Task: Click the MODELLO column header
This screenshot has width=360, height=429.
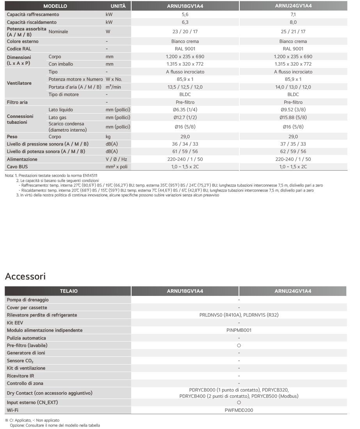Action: coord(55,6)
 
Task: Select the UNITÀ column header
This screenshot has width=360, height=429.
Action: coord(118,6)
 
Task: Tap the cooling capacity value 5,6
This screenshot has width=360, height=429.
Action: coord(185,14)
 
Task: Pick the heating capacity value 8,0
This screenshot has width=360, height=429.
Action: coord(293,22)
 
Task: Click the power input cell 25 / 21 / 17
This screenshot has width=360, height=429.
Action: coord(293,32)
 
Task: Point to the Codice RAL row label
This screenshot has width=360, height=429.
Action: coord(19,49)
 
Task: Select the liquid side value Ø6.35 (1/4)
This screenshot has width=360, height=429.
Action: coord(185,110)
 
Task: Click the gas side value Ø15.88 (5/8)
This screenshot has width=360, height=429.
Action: coord(293,117)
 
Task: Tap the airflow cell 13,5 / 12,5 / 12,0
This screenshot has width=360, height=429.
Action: coord(185,87)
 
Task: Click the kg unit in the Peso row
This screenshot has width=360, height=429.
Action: coord(108,137)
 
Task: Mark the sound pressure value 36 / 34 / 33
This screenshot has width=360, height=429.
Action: coord(185,144)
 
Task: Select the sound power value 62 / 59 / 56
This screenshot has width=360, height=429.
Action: coord(293,151)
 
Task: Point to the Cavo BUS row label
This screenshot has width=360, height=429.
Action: coord(18,167)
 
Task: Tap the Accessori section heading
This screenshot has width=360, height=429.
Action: coord(25,276)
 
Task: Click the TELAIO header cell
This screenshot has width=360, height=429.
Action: coord(68,291)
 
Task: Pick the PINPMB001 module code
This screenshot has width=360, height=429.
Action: coord(239,330)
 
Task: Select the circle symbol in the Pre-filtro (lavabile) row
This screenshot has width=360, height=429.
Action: coord(239,345)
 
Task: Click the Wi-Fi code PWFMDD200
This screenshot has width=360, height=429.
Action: coord(239,410)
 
